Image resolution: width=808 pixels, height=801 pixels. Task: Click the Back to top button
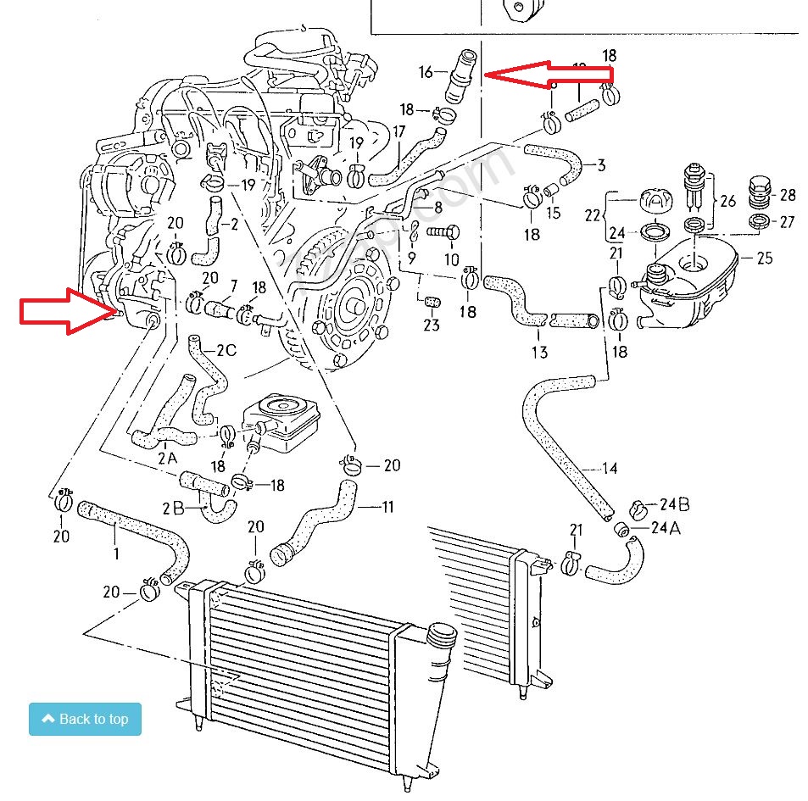coord(85,719)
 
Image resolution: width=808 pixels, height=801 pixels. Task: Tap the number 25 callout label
coord(764,259)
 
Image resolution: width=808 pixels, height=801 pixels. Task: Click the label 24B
coord(674,505)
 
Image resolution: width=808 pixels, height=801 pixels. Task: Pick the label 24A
coord(666,527)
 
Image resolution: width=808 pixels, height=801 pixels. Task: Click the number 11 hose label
coord(387,508)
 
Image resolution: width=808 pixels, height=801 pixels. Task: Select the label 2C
coord(226,350)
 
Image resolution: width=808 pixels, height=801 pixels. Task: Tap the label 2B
coord(173,508)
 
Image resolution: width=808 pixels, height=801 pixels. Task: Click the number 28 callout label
coord(787,195)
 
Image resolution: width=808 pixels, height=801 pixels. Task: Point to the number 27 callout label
coord(787,222)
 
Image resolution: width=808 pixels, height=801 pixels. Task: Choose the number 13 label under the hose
coord(539,352)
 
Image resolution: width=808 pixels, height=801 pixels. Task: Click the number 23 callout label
coord(432,325)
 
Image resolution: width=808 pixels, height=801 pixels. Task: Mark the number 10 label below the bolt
coord(450,259)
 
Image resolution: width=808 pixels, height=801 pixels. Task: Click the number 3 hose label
coord(600,164)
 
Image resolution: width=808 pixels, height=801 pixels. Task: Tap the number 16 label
coord(426,72)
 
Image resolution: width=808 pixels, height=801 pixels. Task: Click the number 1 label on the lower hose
coord(116,553)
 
